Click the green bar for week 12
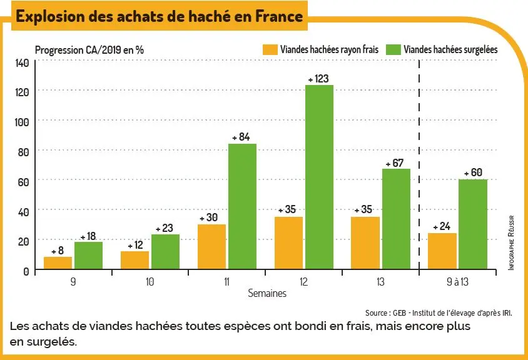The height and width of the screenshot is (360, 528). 319,177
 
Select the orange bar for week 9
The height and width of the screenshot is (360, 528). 58,263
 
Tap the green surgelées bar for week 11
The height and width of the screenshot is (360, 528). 243,206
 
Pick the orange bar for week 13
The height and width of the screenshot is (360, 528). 365,243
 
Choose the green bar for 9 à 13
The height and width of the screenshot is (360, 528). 473,224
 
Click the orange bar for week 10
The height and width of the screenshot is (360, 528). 135,260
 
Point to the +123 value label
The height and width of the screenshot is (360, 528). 318,79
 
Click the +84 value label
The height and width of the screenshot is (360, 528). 241,137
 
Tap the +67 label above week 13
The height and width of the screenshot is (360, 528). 395,163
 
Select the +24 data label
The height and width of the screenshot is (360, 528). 442,226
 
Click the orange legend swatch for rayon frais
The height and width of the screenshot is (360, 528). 270,49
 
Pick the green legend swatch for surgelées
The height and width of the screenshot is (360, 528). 393,49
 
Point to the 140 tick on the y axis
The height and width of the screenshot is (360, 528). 22,62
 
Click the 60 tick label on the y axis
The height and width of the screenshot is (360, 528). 24,182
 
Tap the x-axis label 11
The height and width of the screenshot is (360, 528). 226,282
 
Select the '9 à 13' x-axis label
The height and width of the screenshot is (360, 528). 457,282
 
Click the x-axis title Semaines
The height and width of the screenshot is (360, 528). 267,293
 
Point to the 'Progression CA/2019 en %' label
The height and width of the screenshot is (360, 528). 89,50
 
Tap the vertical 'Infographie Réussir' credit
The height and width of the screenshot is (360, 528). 511,242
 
